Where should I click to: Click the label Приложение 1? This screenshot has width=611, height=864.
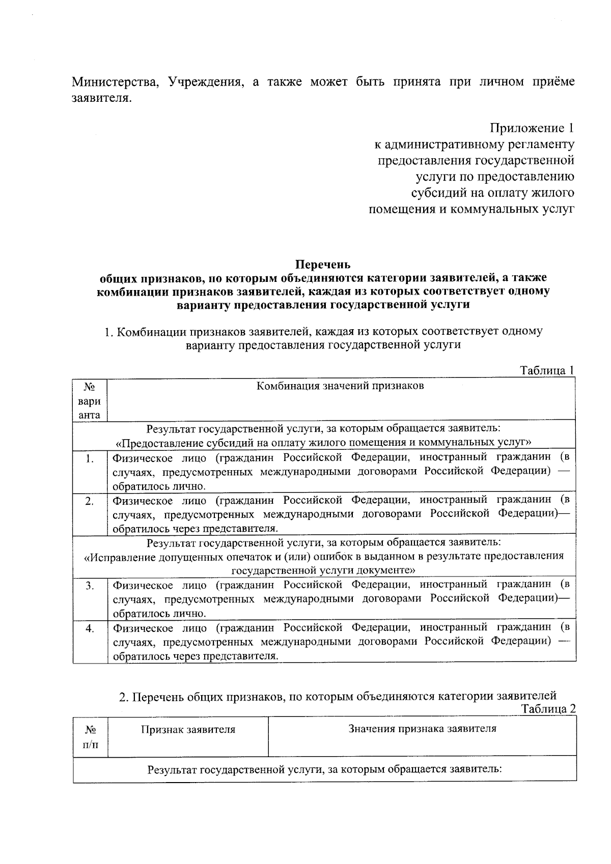[532, 128]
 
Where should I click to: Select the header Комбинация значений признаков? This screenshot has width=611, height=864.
[340, 386]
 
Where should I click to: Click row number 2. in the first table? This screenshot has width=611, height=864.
[90, 501]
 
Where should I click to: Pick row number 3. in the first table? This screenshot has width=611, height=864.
[90, 586]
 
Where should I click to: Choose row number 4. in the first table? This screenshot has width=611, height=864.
[90, 628]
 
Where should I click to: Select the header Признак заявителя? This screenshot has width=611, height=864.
[188, 730]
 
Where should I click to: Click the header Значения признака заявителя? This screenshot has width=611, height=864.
[422, 729]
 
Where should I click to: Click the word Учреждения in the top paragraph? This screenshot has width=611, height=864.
[205, 82]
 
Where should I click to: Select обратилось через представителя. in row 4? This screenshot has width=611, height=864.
[196, 656]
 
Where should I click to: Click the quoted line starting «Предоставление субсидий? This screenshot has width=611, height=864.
[324, 442]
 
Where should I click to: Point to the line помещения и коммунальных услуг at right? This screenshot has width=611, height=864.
[471, 209]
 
